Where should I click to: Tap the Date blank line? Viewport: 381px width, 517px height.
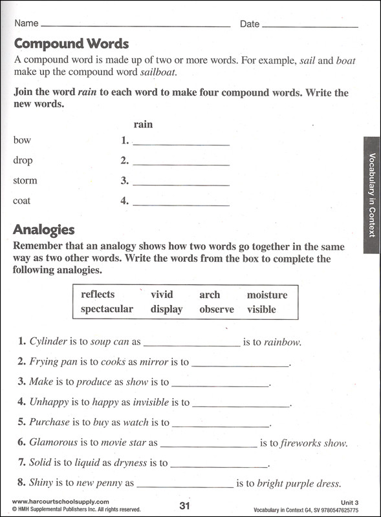pos(310,25)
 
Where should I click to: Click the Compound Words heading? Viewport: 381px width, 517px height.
pos(71,44)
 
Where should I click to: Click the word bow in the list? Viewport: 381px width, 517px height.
pos(22,140)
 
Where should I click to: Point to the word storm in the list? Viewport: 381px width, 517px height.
pos(25,181)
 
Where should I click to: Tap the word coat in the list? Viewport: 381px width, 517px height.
pos(21,201)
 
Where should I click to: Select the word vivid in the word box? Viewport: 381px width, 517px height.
pos(162,295)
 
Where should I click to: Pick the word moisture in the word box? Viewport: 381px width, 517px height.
pos(267,295)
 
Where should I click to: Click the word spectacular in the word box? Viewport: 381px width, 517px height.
pos(107,309)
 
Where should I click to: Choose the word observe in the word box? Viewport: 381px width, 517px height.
pos(217,310)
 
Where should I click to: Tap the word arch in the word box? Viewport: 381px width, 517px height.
pos(210,295)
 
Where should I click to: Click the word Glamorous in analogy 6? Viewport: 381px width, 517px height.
pos(53,443)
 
